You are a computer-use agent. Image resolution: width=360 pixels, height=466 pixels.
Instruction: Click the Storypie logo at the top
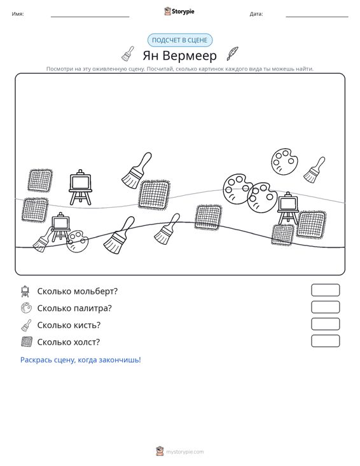pyautogui.click(x=179, y=11)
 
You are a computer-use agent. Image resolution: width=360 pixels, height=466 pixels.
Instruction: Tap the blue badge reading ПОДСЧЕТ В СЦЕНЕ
pyautogui.click(x=180, y=40)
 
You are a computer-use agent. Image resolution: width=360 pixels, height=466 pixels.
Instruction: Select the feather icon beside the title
pyautogui.click(x=232, y=53)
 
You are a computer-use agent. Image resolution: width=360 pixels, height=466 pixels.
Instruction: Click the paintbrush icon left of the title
pyautogui.click(x=128, y=54)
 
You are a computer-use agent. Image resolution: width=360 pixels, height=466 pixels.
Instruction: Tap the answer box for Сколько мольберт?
pyautogui.click(x=325, y=290)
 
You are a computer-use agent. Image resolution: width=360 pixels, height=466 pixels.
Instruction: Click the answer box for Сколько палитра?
pyautogui.click(x=325, y=307)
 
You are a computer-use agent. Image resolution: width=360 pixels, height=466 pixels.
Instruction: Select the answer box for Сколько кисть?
pyautogui.click(x=325, y=324)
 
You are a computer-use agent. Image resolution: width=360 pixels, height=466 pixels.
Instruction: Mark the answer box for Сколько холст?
pyautogui.click(x=325, y=341)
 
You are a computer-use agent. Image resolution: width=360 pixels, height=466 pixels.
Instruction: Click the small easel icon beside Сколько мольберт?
pyautogui.click(x=25, y=291)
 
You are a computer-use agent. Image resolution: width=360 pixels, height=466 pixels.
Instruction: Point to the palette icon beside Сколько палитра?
pyautogui.click(x=26, y=308)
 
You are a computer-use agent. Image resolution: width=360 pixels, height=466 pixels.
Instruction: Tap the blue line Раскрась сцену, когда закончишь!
pyautogui.click(x=81, y=360)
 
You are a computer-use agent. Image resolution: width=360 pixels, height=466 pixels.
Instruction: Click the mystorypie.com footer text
pyautogui.click(x=185, y=452)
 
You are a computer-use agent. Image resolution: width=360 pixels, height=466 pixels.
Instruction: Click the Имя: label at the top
pyautogui.click(x=18, y=14)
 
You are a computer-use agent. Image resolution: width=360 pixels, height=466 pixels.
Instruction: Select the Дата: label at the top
pyautogui.click(x=256, y=14)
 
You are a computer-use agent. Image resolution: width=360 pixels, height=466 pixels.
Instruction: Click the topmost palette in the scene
pyautogui.click(x=284, y=161)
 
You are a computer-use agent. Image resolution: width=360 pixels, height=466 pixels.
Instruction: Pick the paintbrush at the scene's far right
pyautogui.click(x=314, y=170)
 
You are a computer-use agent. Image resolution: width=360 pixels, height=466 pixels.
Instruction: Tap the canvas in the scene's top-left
pyautogui.click(x=40, y=181)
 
